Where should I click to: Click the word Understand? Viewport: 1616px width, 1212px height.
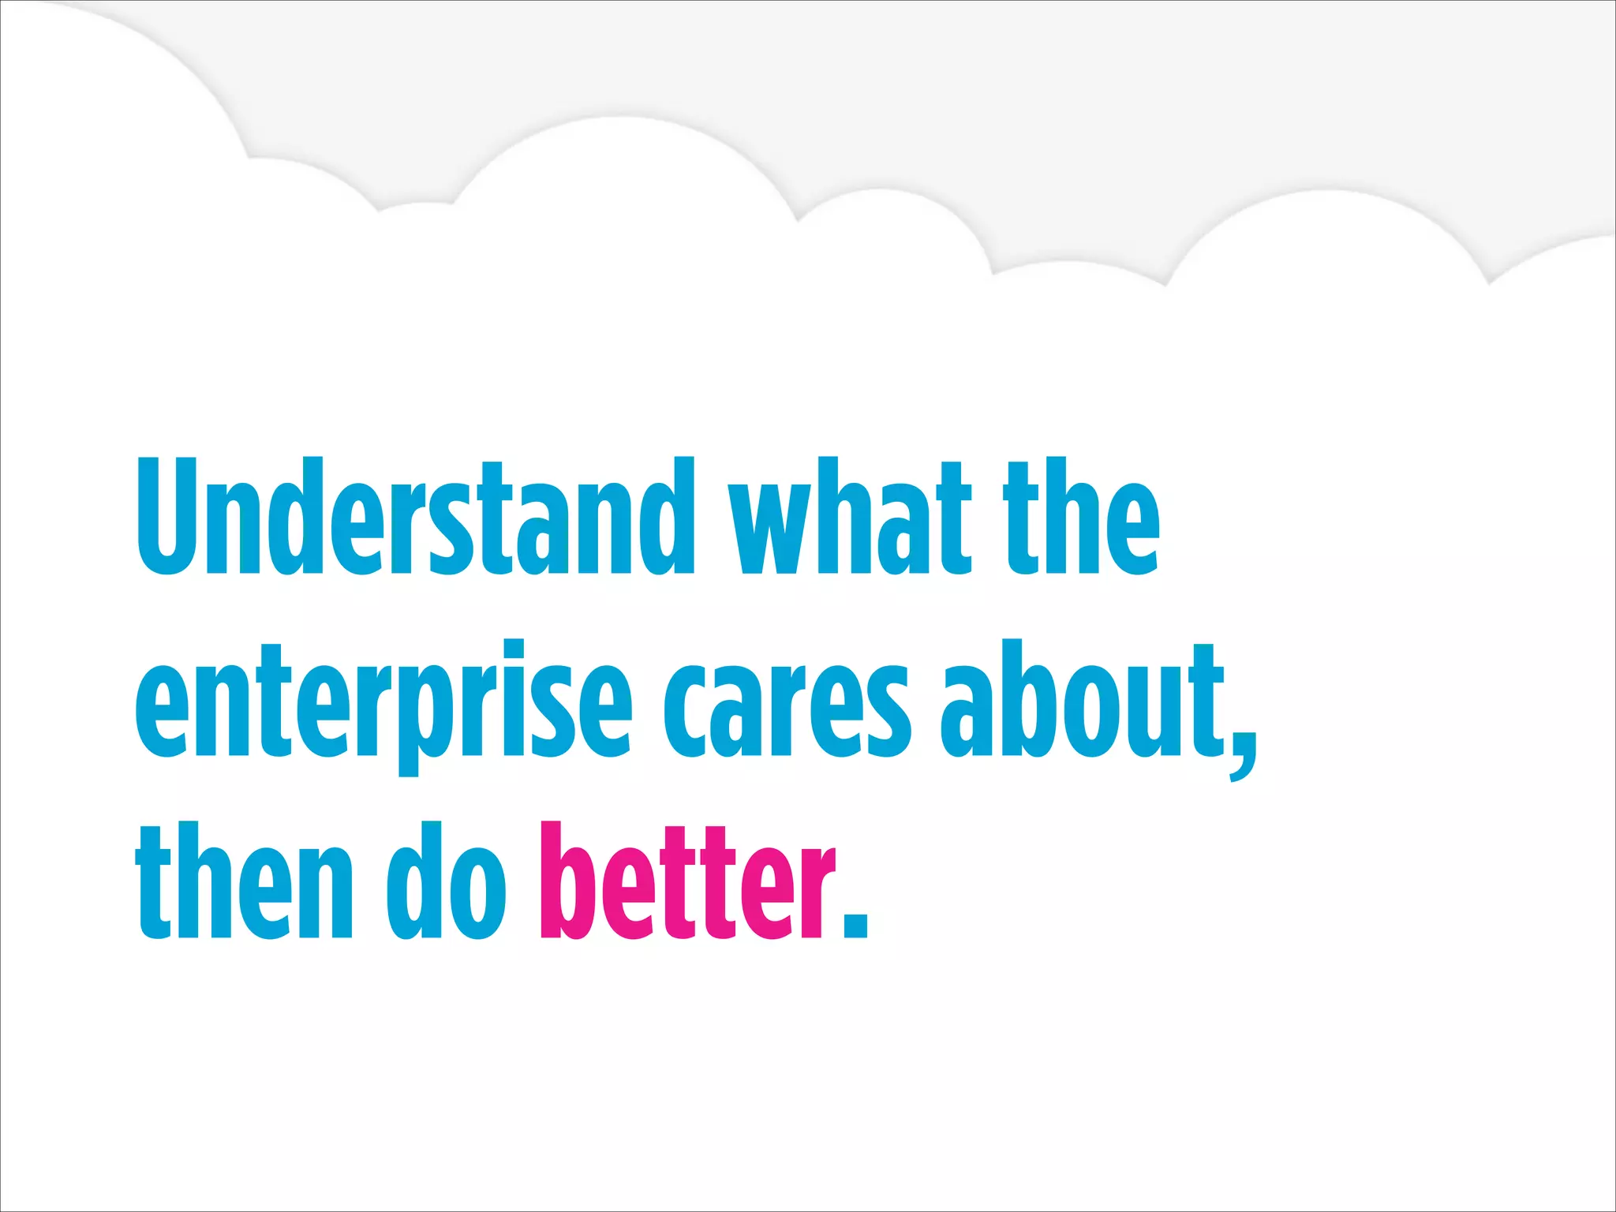pyautogui.click(x=415, y=517)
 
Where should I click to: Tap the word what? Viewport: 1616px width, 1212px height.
pyautogui.click(x=849, y=517)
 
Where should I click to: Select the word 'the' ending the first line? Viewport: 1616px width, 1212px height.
pyautogui.click(x=1081, y=517)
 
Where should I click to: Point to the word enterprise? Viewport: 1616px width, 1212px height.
pyautogui.click(x=383, y=702)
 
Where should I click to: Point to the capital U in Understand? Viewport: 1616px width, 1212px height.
pyautogui.click(x=167, y=517)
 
